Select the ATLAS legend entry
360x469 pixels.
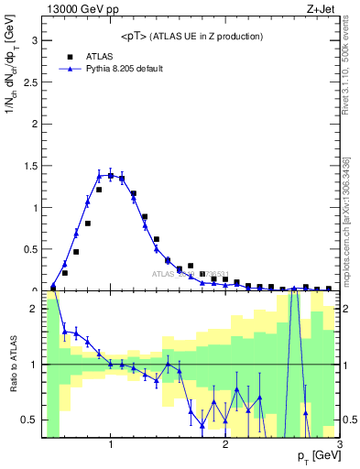click(99, 55)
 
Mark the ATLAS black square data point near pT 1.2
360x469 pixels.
click(134, 194)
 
